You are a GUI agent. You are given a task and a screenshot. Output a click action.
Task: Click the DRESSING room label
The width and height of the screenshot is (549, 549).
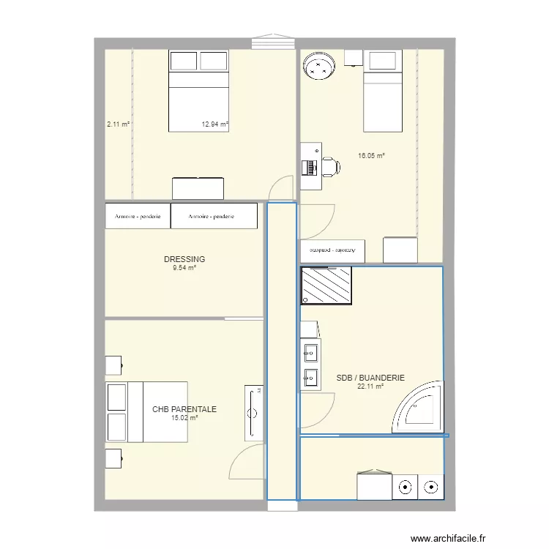(x=184, y=259)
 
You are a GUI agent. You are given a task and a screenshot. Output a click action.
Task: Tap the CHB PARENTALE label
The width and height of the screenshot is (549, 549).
(x=184, y=410)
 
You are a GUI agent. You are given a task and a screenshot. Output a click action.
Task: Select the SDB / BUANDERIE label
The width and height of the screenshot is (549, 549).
(x=370, y=378)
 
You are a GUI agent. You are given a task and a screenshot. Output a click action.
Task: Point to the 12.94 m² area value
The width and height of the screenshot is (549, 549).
(x=215, y=124)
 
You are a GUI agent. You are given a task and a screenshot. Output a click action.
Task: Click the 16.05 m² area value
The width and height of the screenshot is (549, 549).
(x=371, y=156)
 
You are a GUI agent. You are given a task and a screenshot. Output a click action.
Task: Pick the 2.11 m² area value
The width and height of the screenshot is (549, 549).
(x=118, y=124)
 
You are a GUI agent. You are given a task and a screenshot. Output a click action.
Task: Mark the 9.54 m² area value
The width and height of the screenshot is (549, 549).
(x=184, y=268)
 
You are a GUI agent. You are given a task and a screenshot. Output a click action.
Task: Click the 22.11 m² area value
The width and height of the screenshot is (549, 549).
(x=370, y=387)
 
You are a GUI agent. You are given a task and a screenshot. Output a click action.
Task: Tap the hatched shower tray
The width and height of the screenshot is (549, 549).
(x=326, y=285)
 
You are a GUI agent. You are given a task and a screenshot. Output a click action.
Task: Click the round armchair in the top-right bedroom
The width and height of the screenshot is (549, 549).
(x=319, y=67)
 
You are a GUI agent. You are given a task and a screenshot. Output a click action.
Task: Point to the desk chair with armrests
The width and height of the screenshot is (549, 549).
(x=330, y=167)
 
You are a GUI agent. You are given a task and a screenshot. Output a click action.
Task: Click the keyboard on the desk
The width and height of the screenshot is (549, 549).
(x=313, y=168)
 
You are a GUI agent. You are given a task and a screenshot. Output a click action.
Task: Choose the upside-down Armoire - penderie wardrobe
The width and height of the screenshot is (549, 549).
(x=332, y=250)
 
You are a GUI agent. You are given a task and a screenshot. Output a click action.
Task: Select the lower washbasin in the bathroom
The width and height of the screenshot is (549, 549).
(x=310, y=378)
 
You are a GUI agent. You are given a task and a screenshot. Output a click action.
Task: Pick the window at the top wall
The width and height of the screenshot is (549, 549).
(x=273, y=42)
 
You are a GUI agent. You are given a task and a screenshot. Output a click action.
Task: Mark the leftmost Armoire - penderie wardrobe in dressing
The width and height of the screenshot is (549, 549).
(x=138, y=216)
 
